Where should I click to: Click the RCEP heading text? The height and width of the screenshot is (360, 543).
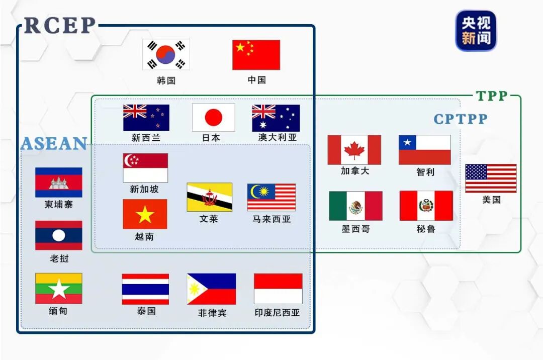60,25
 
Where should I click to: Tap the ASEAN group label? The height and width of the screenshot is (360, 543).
54,144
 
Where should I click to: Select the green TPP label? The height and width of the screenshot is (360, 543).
492,96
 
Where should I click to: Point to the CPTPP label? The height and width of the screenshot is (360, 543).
461,119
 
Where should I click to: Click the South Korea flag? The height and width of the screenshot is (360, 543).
166,55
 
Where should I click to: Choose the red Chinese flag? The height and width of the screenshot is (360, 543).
256,55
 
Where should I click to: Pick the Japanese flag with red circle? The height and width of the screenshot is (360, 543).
213,118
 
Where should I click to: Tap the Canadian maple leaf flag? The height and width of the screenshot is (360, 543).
354,150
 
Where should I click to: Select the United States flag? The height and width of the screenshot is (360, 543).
491,178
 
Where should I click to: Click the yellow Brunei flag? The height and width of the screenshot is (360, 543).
209,197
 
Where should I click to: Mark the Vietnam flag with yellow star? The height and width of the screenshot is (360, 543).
145,214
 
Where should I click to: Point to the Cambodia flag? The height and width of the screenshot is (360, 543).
58,183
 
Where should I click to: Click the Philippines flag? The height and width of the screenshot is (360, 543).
211,289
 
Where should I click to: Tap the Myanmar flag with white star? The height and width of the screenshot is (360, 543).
58,289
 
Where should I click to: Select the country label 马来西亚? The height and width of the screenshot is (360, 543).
271,219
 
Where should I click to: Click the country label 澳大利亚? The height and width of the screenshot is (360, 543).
278,137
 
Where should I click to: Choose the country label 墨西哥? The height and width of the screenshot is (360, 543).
355,229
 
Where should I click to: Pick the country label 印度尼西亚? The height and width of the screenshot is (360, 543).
277,312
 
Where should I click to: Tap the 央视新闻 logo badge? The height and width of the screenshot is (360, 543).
476,31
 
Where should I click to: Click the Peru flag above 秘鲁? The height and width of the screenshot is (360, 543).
426,206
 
